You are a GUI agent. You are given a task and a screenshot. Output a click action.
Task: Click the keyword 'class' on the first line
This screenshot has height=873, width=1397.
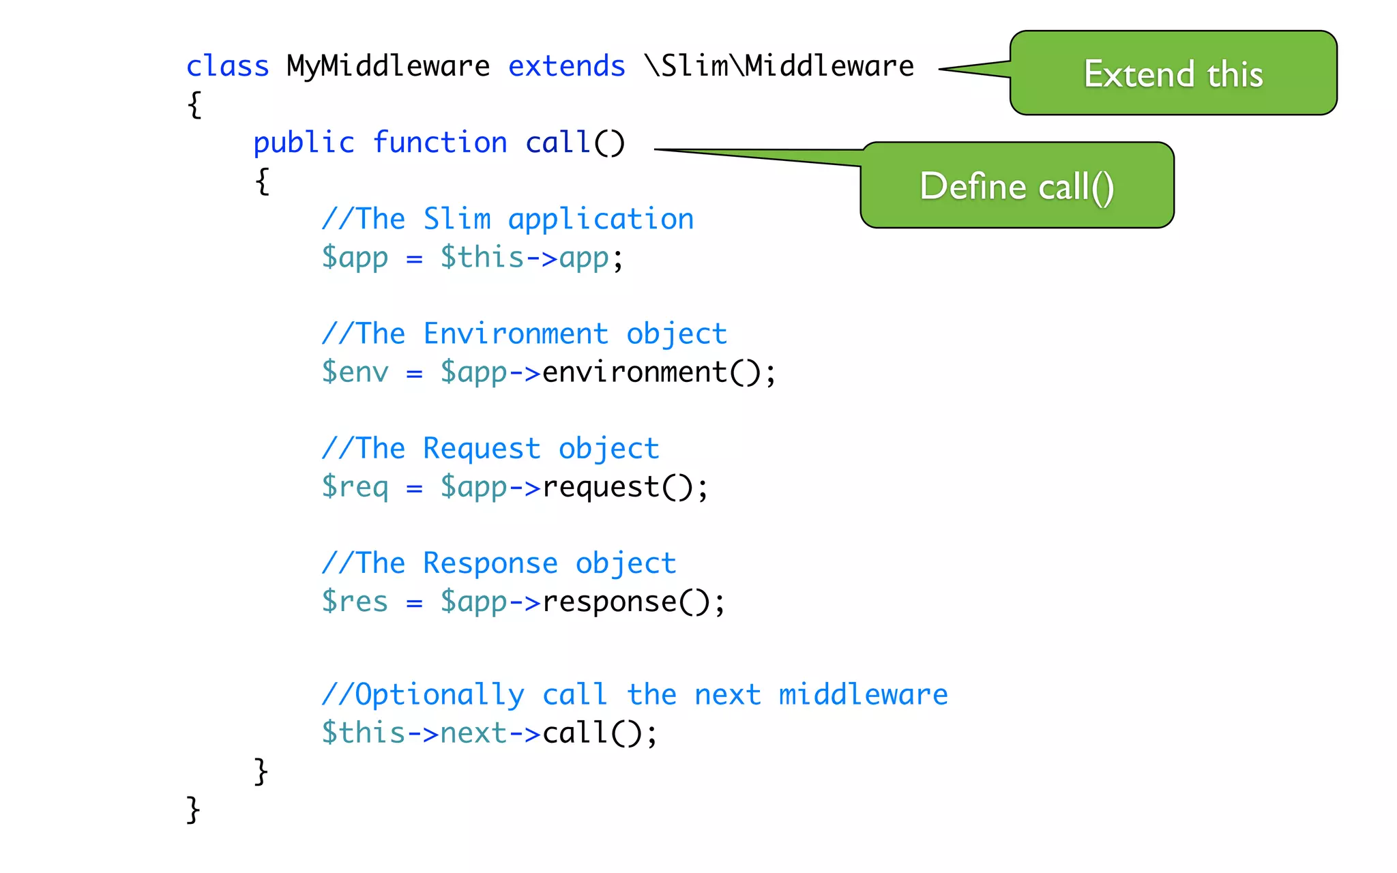[x=227, y=66]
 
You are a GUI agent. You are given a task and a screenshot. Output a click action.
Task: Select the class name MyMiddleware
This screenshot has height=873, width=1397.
[x=387, y=66]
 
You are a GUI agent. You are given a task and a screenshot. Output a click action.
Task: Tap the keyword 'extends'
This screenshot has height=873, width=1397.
[x=566, y=66]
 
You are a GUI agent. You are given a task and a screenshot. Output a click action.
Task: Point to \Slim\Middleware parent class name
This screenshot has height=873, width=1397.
[x=779, y=66]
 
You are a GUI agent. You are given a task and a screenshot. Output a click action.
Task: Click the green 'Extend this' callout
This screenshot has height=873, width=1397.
[x=1173, y=73]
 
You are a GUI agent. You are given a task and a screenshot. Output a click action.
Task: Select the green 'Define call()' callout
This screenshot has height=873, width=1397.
[x=1016, y=186]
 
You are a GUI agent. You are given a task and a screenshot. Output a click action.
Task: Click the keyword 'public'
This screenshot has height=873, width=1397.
[x=304, y=143]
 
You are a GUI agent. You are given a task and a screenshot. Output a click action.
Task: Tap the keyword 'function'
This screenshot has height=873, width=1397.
[x=440, y=143]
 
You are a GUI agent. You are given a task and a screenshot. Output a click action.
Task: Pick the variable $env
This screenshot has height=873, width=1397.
[x=355, y=372]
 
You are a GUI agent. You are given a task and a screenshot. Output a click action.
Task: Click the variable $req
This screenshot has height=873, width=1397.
[x=355, y=488]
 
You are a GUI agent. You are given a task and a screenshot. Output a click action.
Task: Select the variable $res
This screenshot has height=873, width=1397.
[x=355, y=602]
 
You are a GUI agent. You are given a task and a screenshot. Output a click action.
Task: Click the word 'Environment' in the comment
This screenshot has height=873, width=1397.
[x=516, y=334]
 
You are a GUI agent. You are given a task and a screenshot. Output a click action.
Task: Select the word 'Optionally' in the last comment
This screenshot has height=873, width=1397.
[x=439, y=695]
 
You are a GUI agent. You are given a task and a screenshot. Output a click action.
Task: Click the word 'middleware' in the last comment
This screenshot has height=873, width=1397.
[x=863, y=694]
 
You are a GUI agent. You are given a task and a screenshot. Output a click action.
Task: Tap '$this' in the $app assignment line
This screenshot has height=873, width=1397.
[x=482, y=258]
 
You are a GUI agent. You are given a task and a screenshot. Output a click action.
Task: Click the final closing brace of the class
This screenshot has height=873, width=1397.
[x=193, y=810]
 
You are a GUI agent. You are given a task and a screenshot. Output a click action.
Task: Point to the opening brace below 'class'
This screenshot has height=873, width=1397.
[x=194, y=104]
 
